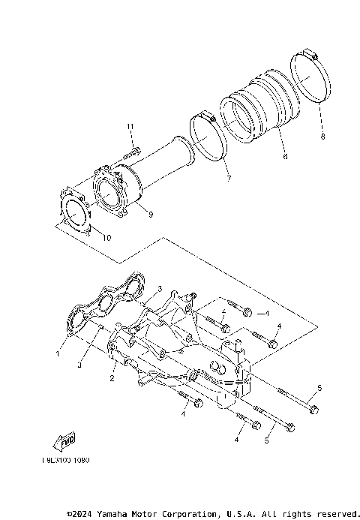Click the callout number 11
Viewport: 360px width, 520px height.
[130, 125]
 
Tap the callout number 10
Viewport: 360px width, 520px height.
[105, 238]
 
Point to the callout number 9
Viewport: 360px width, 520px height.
[150, 215]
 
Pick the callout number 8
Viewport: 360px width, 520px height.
[322, 137]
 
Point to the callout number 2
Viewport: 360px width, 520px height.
[112, 380]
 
